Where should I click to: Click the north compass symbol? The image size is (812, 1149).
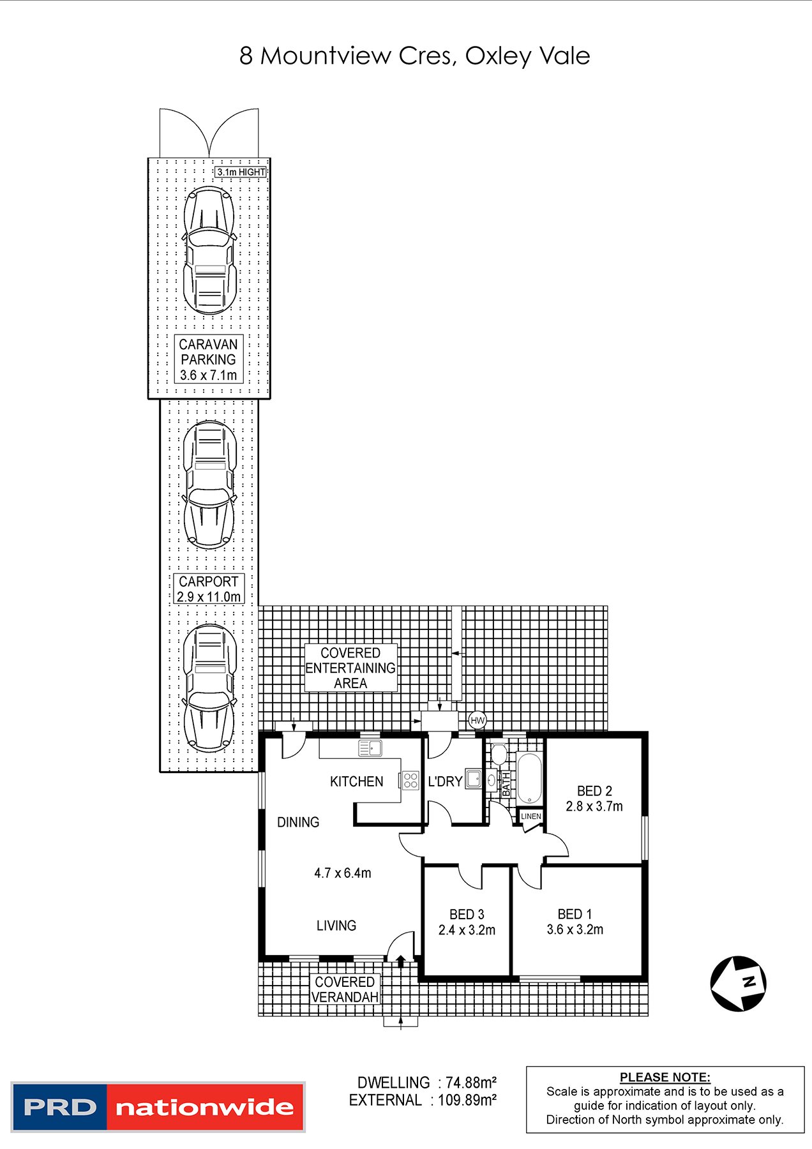click(739, 984)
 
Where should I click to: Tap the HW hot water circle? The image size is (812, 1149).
click(477, 721)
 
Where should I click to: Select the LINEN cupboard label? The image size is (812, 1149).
click(530, 816)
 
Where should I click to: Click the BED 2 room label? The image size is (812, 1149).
click(594, 791)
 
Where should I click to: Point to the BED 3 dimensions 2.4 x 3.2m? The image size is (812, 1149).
click(467, 930)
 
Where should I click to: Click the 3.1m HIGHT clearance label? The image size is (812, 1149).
click(241, 172)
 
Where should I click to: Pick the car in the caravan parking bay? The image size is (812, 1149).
click(209, 250)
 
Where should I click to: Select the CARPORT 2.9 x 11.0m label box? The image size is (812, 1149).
click(209, 589)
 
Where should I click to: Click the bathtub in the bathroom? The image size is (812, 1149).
click(529, 779)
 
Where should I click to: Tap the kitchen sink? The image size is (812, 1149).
click(370, 748)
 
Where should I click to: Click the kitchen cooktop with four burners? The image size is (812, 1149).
click(410, 780)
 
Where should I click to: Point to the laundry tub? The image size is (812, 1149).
click(473, 779)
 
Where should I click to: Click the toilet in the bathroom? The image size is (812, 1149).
click(499, 754)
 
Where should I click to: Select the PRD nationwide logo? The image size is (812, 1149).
click(158, 1107)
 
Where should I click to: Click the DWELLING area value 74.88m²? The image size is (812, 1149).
click(471, 1083)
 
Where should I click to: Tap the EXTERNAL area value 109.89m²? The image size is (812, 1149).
click(467, 1100)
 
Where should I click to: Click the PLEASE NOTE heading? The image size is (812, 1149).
click(665, 1078)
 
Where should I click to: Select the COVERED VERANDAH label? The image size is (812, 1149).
click(345, 989)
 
